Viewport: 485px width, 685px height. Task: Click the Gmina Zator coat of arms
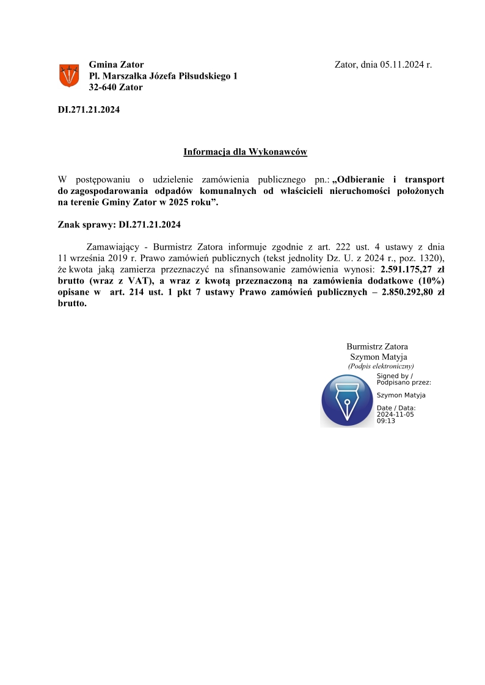tap(68, 76)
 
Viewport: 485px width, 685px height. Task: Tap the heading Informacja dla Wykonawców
tap(246, 151)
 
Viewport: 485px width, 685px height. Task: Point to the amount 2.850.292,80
tap(399, 292)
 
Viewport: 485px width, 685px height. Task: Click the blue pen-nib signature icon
tap(347, 400)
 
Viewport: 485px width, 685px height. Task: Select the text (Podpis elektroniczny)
tap(381, 366)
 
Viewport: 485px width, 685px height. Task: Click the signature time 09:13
tap(385, 421)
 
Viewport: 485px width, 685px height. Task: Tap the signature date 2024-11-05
tap(395, 414)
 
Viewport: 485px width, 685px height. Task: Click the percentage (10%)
tap(431, 281)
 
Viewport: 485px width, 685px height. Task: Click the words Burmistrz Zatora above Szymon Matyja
tap(377, 346)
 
